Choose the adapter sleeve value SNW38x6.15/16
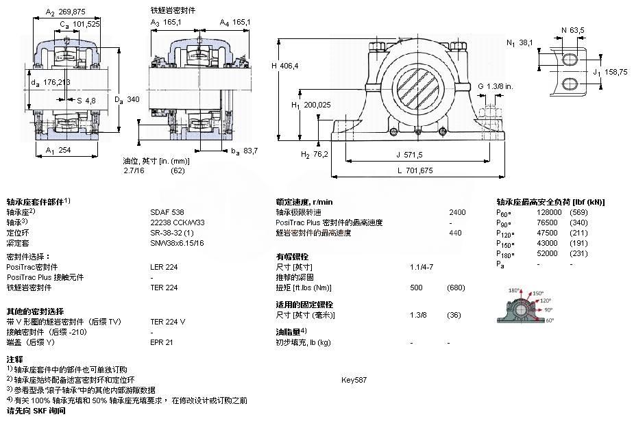pyautogui.click(x=177, y=243)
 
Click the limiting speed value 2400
pyautogui.click(x=457, y=212)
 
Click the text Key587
pyautogui.click(x=354, y=380)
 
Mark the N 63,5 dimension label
pyautogui.click(x=573, y=30)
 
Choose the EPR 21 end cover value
pyautogui.click(x=162, y=342)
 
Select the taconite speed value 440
pyautogui.click(x=455, y=233)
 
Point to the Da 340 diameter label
pyautogui.click(x=127, y=99)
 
